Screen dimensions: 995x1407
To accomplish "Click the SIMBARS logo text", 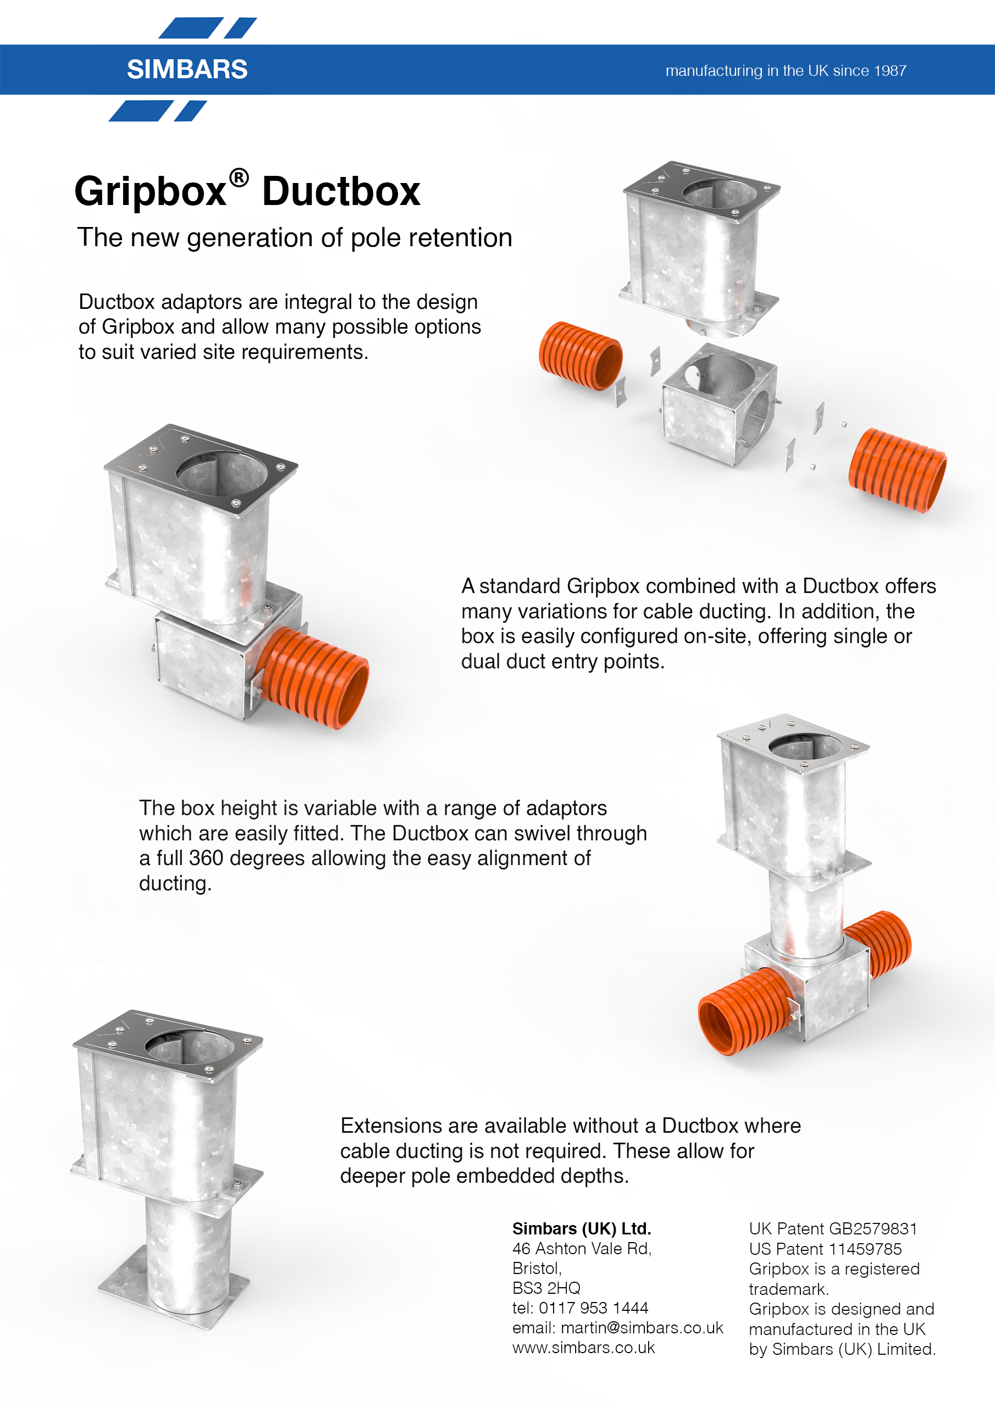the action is tap(187, 69).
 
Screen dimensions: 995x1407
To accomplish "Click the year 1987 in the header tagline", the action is tap(890, 70).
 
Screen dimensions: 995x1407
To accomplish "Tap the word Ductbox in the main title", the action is tap(341, 191).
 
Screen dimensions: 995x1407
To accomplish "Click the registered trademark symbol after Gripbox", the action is tap(239, 178).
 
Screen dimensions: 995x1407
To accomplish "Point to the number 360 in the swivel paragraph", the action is tap(206, 858).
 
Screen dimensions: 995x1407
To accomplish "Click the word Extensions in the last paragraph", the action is tap(392, 1126).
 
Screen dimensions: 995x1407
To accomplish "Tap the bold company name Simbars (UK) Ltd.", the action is tap(582, 1229).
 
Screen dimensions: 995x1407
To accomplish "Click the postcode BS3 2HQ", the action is tap(546, 1288).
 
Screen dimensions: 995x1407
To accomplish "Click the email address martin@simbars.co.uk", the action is tap(642, 1327).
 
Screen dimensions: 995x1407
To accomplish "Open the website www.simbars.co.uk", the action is tap(584, 1348).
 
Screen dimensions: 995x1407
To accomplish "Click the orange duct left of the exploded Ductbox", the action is tap(581, 356).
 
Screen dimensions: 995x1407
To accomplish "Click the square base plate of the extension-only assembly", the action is tap(174, 1290).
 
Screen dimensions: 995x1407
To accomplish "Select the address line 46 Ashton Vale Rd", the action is tap(582, 1248).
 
